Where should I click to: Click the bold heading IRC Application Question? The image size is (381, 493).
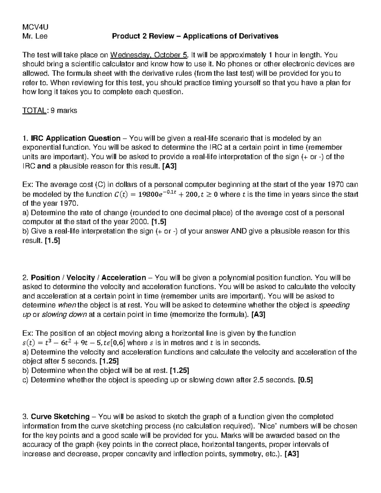(x=76, y=138)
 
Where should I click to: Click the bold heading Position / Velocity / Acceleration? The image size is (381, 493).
(x=88, y=278)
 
